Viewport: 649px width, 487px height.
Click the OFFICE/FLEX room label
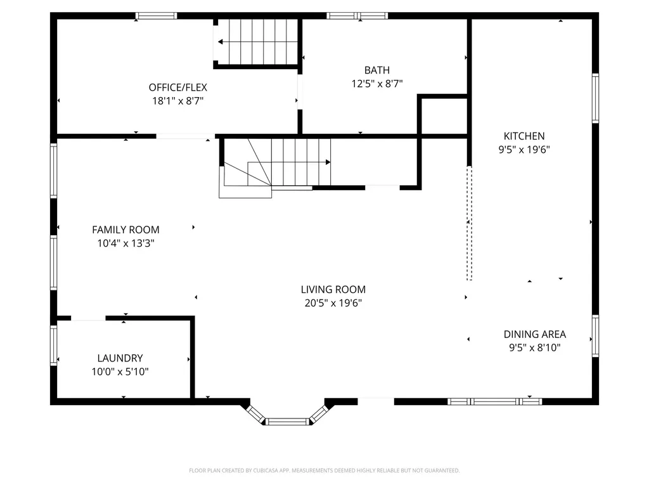[177, 88]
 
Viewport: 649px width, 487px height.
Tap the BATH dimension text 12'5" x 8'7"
[377, 83]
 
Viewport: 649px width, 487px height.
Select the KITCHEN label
[524, 136]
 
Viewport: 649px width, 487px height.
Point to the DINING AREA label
[534, 334]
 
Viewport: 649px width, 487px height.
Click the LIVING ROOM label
[333, 290]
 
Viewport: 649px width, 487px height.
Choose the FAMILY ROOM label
[125, 230]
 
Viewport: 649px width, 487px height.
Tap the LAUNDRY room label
[120, 358]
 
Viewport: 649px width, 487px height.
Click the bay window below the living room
[287, 419]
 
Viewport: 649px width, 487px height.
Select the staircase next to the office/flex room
[257, 42]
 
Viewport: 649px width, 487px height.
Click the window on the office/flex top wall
[156, 16]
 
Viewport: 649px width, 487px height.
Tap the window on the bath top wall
[357, 16]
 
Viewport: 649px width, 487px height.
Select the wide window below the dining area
[494, 401]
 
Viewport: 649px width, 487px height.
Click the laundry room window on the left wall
[54, 346]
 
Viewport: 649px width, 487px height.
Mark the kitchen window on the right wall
[595, 98]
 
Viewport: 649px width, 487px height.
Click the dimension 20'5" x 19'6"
[333, 303]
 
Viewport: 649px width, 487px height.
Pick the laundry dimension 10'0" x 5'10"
[120, 372]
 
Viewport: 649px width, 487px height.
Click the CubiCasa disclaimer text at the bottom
[324, 471]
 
